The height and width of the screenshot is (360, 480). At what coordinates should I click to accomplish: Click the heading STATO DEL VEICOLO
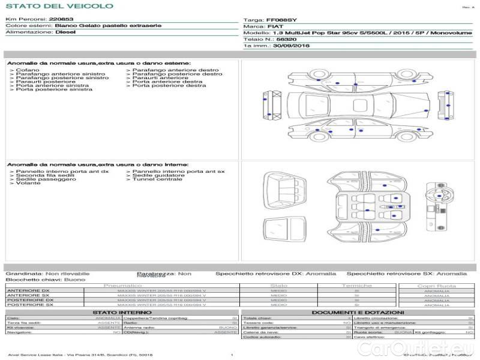pyautogui.click(x=59, y=6)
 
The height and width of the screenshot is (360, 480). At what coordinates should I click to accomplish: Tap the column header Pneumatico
pyautogui.click(x=122, y=286)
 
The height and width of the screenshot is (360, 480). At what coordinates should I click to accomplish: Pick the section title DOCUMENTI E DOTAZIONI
pyautogui.click(x=358, y=313)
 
